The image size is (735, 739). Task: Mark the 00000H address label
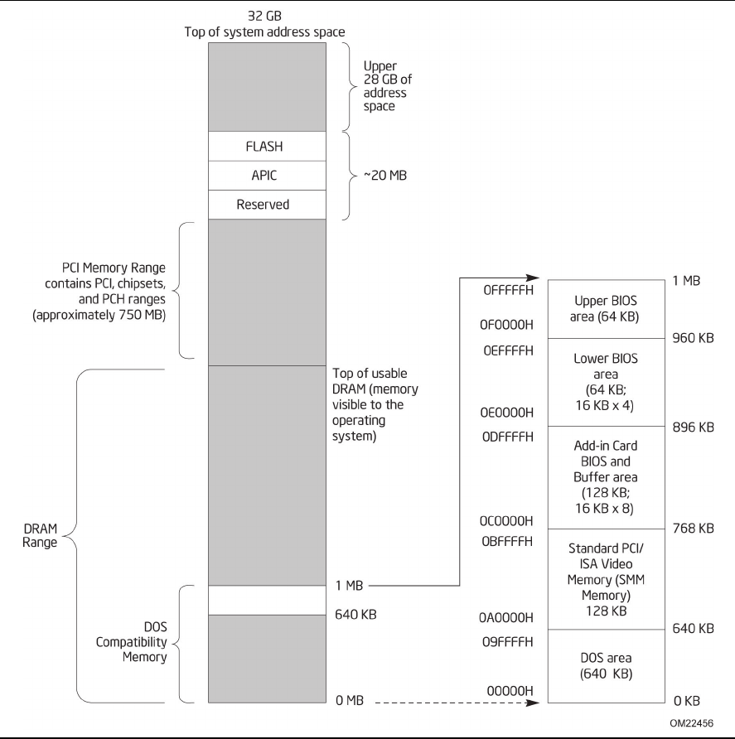pyautogui.click(x=509, y=690)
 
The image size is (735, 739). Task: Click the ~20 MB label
pyautogui.click(x=385, y=175)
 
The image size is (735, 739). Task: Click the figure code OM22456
pyautogui.click(x=690, y=722)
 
